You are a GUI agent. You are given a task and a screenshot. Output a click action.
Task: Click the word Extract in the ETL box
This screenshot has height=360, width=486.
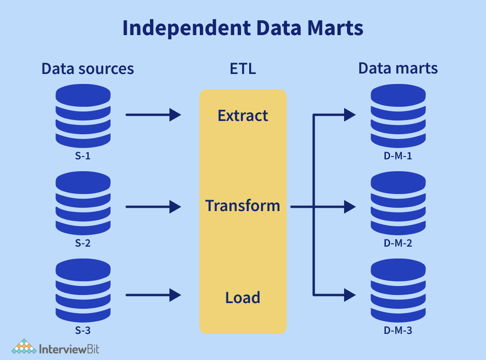click(243, 115)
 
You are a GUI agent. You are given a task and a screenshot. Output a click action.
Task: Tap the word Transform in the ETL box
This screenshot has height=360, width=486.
click(243, 206)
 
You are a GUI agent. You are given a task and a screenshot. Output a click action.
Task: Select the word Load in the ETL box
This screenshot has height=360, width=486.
click(243, 297)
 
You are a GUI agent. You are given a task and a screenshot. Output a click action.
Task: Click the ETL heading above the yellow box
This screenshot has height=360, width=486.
click(243, 68)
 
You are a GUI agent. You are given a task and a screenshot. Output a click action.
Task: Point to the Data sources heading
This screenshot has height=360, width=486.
click(88, 68)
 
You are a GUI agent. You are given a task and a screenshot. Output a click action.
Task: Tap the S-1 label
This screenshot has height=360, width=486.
click(83, 155)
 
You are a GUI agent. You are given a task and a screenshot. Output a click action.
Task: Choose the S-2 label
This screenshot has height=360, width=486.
click(83, 244)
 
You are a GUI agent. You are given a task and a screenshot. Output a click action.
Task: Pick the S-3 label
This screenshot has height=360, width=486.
click(83, 330)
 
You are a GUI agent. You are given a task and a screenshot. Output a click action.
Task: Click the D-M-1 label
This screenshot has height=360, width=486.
click(398, 155)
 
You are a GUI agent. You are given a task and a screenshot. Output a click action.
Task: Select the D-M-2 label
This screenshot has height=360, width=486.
click(398, 244)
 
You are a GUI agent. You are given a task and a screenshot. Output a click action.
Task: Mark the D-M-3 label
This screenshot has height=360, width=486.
click(398, 330)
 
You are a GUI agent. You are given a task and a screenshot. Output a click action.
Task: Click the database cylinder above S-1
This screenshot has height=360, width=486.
click(83, 116)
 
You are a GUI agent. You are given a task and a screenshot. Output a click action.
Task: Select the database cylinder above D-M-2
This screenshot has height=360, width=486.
click(398, 204)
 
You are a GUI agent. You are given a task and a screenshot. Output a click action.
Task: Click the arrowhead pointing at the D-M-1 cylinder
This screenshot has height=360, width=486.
click(350, 115)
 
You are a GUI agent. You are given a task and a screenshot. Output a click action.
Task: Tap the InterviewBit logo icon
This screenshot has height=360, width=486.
click(24, 347)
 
